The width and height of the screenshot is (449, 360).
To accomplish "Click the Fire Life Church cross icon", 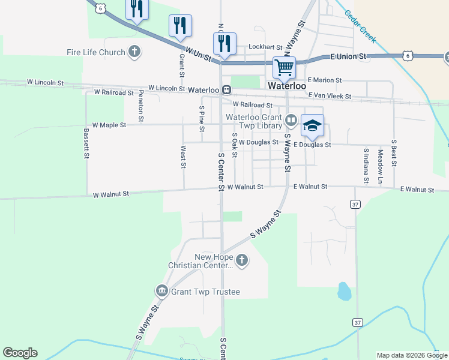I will coord(135,52).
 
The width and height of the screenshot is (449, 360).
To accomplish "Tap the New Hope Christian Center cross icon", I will coord(241,260).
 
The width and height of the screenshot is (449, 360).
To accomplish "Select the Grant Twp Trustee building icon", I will coord(161,292).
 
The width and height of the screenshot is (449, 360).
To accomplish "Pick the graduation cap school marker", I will coord(312,126).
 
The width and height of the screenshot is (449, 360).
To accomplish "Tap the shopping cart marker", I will coord(283,67).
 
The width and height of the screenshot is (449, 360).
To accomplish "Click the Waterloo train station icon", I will coord(226,90).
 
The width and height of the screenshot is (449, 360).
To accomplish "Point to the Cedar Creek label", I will coord(361,26).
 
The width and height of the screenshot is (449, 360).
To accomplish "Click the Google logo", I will coord(20,353).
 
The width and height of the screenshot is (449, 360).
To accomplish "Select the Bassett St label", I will coord(86,143).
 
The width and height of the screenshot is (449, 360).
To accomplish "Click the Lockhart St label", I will coord(265,46).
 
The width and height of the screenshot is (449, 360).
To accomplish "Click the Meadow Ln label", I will coord(381,166).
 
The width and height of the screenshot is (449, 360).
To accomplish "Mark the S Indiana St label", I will coord(366,165).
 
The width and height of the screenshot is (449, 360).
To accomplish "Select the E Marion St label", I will coord(324,80).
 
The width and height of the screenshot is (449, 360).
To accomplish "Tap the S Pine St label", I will coord(202,119).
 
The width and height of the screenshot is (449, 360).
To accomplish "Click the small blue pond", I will coord(344,291).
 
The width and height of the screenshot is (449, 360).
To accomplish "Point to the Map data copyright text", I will coord(412,355).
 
